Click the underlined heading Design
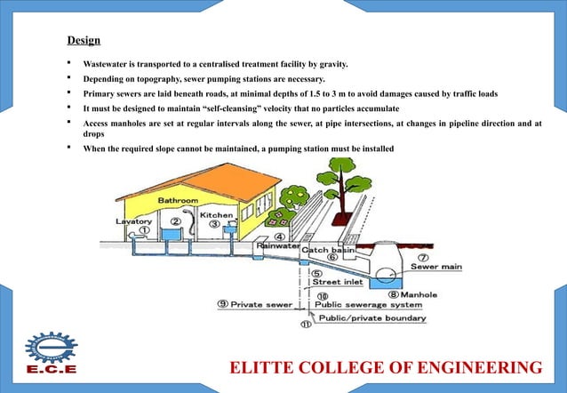pos(84,41)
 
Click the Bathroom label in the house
pos(179,201)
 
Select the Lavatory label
pos(133,221)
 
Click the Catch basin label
pos(330,251)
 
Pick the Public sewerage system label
pos(364,305)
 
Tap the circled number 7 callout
pos(425,255)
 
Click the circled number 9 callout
pos(222,304)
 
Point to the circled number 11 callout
pos(306,325)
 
